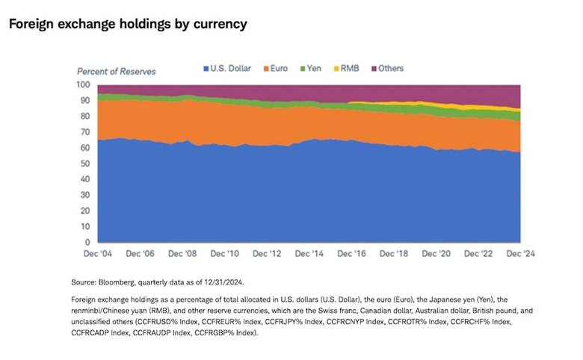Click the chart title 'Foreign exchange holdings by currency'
[127, 24]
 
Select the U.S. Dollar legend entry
[232, 68]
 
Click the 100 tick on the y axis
[83, 84]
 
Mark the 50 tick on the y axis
[85, 164]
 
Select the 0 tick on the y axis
[87, 243]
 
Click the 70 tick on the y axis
[85, 131]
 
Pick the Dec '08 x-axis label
[183, 254]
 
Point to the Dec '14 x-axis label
[310, 254]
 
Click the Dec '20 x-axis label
[437, 254]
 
